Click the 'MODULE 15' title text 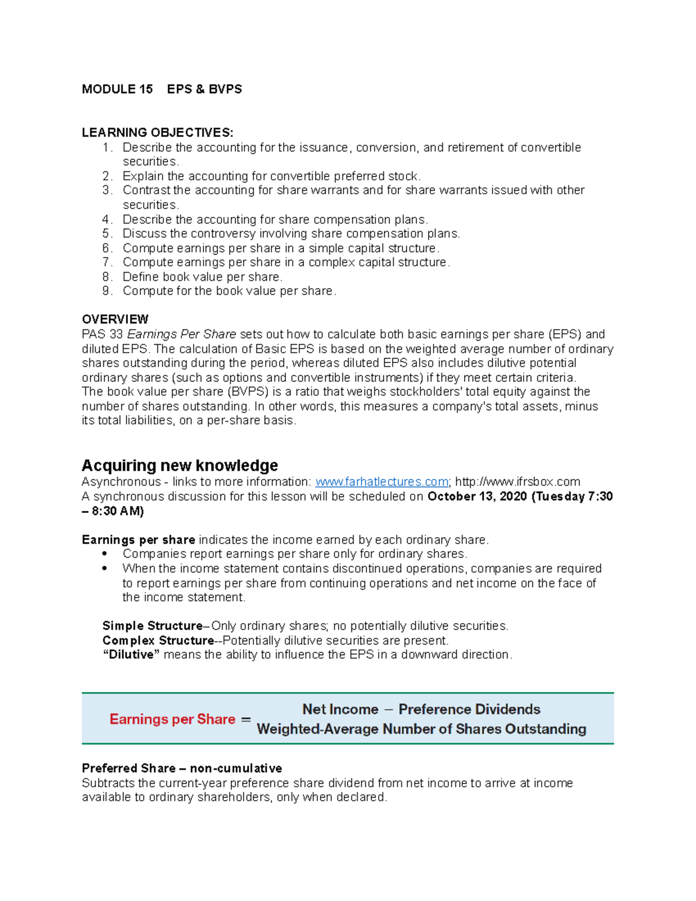tap(117, 89)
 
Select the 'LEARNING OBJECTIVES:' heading tap(157, 133)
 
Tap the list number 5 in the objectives tap(107, 234)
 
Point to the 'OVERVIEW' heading tap(115, 320)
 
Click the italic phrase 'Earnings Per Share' tap(182, 335)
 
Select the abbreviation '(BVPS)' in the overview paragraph tap(247, 392)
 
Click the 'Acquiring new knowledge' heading tap(180, 465)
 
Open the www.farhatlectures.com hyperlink tap(381, 482)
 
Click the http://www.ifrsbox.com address tap(517, 482)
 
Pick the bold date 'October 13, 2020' tap(477, 497)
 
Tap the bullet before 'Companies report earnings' tap(104, 554)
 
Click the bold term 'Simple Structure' tap(152, 626)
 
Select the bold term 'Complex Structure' tap(158, 641)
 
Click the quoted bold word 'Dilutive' tap(131, 655)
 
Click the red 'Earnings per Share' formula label tap(172, 719)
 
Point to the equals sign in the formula tap(246, 719)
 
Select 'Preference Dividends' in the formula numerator tap(469, 710)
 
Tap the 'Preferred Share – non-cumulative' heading tap(182, 769)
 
